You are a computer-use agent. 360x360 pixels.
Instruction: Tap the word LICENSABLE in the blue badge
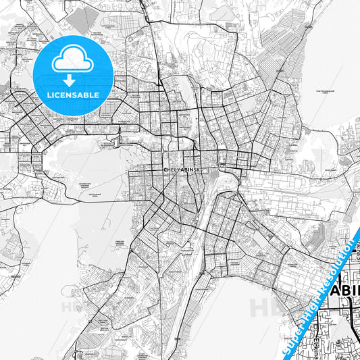coord(73,95)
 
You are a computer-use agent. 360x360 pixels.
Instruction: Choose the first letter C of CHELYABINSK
coord(165,162)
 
